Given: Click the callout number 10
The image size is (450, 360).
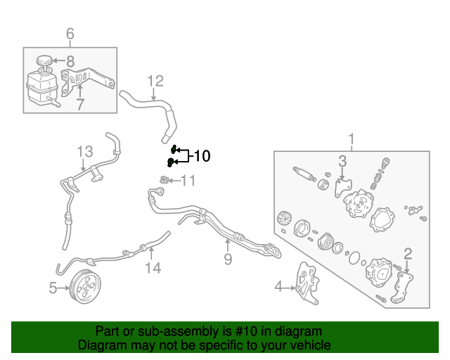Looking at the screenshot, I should tap(202, 156).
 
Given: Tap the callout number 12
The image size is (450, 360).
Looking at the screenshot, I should tap(155, 81).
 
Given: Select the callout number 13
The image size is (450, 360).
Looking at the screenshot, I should tap(84, 151).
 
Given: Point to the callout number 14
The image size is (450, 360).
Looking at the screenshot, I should tap(153, 267).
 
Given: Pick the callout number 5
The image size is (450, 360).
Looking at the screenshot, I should tap(53, 287).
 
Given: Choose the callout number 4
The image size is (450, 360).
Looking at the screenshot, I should tap(278, 286).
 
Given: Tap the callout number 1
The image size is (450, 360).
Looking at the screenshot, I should tap(352, 139).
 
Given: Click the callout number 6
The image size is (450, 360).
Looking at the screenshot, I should tap(70, 33).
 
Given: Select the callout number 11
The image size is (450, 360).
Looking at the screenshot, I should tap(188, 181).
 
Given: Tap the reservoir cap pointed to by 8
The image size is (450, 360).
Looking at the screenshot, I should tap(45, 60).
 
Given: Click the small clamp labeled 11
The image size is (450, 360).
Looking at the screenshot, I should tap(164, 181).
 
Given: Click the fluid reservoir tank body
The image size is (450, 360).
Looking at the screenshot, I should tap(40, 90).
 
